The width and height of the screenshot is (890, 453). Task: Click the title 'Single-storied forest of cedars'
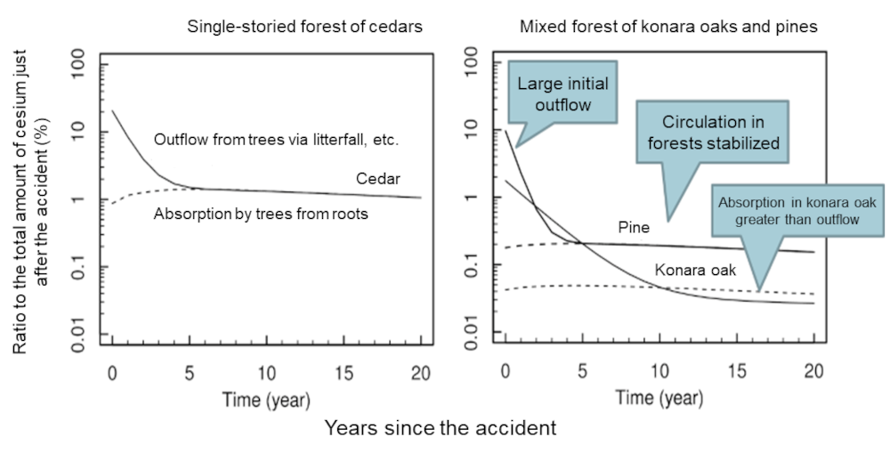pos(304,27)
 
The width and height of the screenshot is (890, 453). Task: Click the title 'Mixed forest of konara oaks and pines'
pos(667,27)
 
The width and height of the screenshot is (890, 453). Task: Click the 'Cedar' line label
pos(378,179)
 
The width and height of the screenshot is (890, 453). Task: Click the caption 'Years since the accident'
pos(441,428)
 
